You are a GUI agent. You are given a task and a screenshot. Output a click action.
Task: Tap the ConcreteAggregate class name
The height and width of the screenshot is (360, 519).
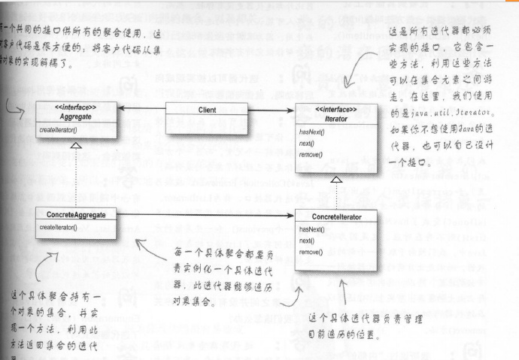point(76,215)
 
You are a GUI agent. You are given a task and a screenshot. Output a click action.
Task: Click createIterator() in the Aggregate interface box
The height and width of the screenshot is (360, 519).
point(59,130)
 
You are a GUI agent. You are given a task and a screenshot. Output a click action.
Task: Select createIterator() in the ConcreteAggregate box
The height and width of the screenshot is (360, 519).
point(59,227)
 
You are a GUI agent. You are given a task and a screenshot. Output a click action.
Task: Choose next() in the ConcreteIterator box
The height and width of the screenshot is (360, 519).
point(307,241)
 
